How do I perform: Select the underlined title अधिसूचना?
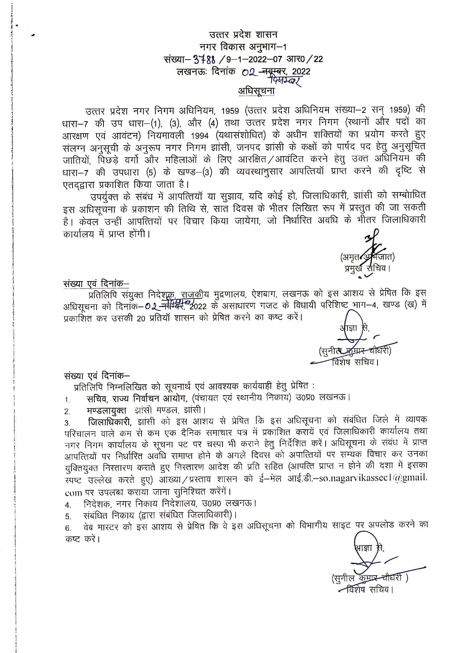tap(256, 91)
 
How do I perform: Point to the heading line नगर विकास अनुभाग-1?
tap(243, 46)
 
